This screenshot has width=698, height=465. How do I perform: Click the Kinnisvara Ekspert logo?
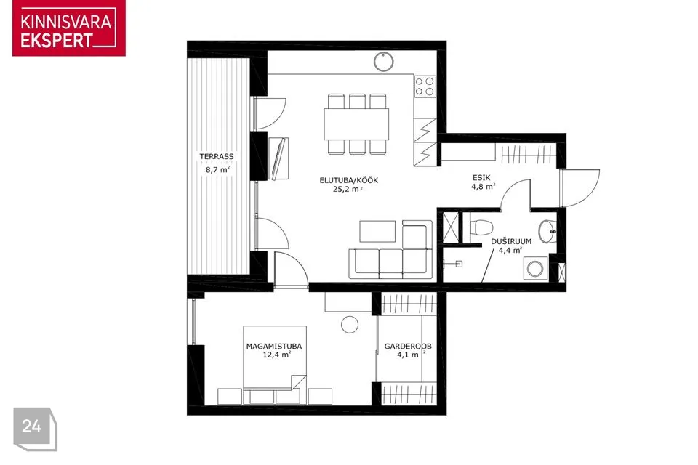click(69, 28)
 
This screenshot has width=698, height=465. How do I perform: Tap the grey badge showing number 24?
click(35, 429)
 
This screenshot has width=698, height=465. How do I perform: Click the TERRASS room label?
click(217, 157)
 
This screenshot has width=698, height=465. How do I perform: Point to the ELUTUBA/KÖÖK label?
click(348, 180)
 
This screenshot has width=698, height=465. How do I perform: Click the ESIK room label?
click(481, 178)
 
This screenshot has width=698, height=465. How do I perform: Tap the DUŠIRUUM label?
click(511, 242)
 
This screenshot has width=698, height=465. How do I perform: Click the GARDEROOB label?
click(408, 346)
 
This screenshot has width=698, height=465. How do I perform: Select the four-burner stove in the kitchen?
click(425, 86)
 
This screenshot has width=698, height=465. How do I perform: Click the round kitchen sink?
click(383, 62)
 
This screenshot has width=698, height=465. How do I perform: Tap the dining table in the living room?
click(356, 124)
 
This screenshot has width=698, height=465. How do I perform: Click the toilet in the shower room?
click(481, 227)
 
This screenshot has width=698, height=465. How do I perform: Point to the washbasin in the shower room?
click(547, 232)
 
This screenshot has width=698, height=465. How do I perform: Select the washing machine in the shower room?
click(535, 268)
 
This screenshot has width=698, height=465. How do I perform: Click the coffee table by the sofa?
click(377, 231)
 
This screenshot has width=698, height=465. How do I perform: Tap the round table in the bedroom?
click(350, 324)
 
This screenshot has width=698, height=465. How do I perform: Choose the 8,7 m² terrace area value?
click(217, 169)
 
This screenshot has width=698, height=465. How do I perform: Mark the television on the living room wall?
click(279, 159)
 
